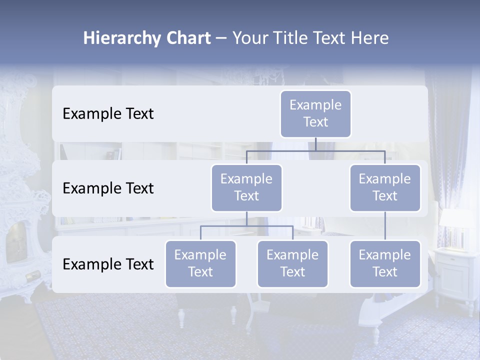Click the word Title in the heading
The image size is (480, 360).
click(291, 38)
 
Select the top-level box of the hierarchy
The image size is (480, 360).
click(315, 113)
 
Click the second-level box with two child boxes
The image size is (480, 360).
click(246, 187)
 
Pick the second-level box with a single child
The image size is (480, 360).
click(385, 187)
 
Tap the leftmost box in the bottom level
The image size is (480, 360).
click(200, 263)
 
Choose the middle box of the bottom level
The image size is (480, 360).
click(292, 263)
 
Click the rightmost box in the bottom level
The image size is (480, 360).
click(385, 263)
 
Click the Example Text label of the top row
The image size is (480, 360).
click(108, 114)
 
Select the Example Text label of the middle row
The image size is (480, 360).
click(108, 188)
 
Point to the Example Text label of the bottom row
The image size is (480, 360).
click(108, 264)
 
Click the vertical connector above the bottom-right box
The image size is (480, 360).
click(385, 226)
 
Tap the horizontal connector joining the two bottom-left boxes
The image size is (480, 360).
click(246, 226)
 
